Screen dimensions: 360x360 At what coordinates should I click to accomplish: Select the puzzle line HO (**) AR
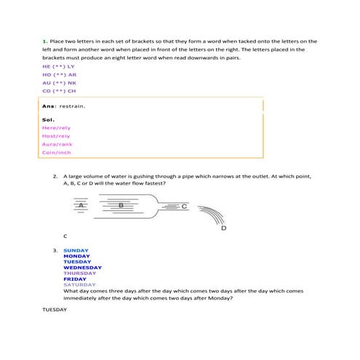(x=60, y=74)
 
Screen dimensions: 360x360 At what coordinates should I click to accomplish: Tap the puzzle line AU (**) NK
(x=60, y=83)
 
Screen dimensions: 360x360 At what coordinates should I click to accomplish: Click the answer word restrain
(x=72, y=106)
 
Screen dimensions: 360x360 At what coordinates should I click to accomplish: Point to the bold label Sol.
(x=49, y=119)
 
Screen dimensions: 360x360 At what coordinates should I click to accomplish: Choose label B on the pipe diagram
(x=121, y=206)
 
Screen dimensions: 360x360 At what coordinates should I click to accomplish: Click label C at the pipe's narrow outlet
(x=184, y=207)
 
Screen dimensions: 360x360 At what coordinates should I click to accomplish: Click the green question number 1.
(x=44, y=41)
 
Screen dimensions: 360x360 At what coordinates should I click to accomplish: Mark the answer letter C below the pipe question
(x=65, y=236)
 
